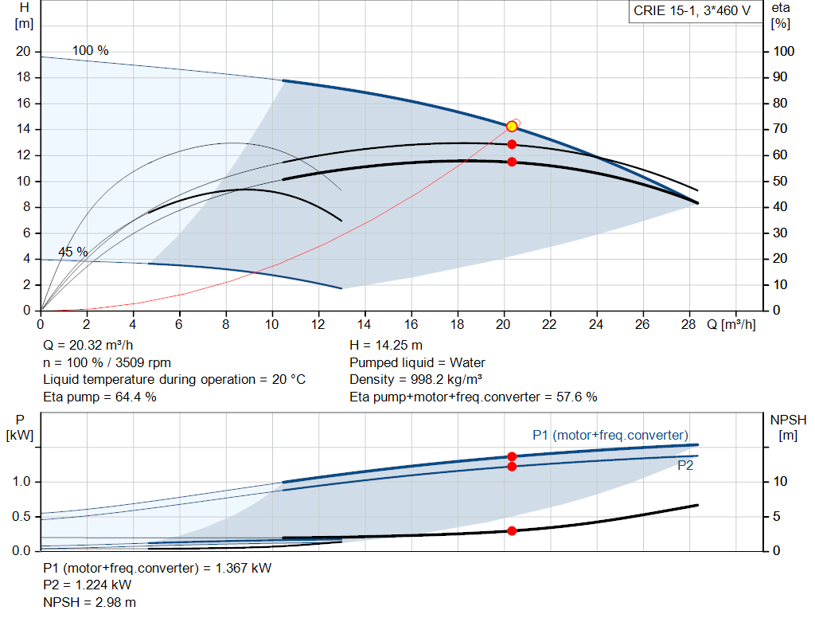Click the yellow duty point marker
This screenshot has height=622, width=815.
coord(512,127)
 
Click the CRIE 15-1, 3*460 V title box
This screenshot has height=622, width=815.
coord(692,11)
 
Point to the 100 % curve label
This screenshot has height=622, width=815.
coord(91,50)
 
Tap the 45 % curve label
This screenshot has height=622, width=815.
coord(73,252)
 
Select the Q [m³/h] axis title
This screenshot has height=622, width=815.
coord(732,325)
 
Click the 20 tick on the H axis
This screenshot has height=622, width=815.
coord(23,52)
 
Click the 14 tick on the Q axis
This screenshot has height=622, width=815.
coord(365,325)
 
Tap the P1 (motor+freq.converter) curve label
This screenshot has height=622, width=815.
coord(610,435)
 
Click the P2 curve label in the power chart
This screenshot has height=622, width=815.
coord(685,466)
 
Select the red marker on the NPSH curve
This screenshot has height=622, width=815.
coord(512,530)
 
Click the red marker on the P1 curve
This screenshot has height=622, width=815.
coord(512,456)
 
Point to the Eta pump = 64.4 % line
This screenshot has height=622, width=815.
coord(99,396)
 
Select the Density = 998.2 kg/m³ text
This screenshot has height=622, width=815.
coord(417,379)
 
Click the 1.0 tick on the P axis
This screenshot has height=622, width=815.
coord(21,482)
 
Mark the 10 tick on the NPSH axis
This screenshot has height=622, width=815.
coord(779,482)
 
